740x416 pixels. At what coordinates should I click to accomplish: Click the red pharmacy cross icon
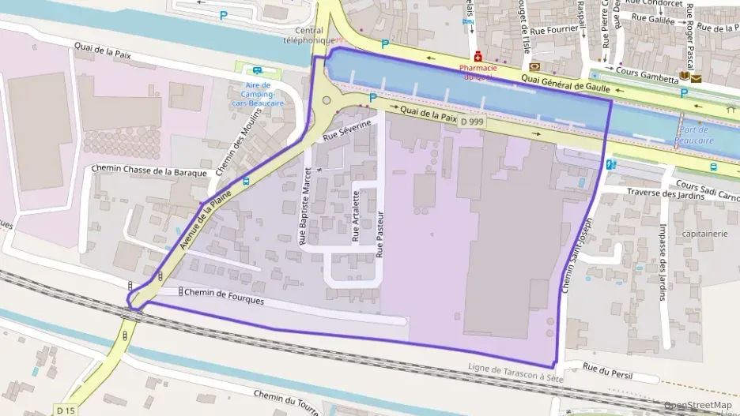(478, 57)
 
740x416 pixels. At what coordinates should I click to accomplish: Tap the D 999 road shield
(473, 122)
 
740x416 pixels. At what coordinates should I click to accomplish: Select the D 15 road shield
(66, 410)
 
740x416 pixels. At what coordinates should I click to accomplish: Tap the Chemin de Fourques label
(225, 298)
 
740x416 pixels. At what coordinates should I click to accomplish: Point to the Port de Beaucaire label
(694, 135)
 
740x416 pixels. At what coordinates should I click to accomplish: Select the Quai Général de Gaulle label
(566, 81)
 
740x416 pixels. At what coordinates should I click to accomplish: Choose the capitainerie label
(704, 234)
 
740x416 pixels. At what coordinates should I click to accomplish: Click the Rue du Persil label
(610, 367)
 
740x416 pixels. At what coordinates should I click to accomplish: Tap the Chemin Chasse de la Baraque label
(149, 171)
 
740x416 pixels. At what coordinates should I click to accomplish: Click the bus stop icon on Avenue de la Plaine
(247, 181)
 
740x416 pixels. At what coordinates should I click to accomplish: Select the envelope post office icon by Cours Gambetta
(696, 78)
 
